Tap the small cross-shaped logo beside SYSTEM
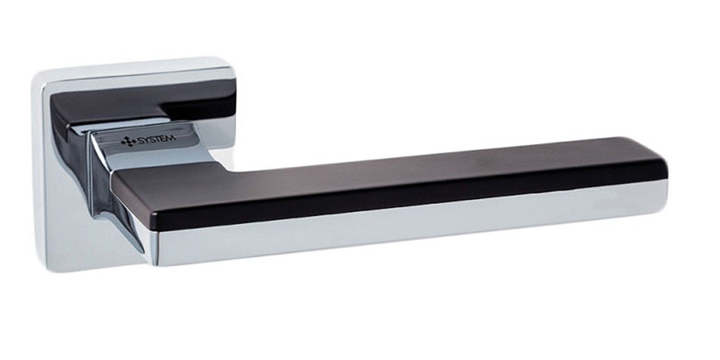(x=129, y=142)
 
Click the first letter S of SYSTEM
(x=141, y=140)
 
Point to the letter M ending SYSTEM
(x=172, y=138)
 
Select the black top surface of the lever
(x=390, y=172)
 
